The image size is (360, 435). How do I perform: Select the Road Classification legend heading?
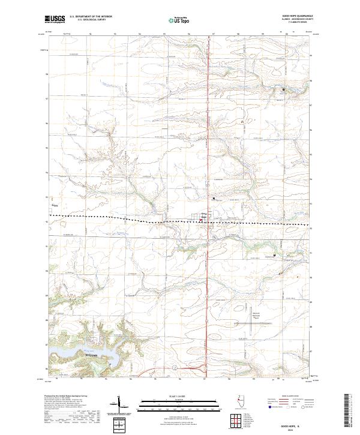(x=293, y=397)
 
